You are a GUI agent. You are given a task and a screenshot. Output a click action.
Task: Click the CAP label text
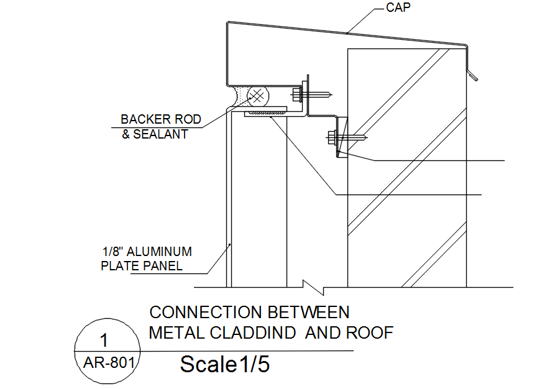399,8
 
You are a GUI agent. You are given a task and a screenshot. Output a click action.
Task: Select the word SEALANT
164,134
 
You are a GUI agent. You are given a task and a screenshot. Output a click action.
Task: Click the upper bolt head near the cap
296,95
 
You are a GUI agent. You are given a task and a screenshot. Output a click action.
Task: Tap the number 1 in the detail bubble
104,340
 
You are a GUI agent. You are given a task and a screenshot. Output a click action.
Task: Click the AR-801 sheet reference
109,362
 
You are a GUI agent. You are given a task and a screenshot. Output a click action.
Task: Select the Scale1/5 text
225,365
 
